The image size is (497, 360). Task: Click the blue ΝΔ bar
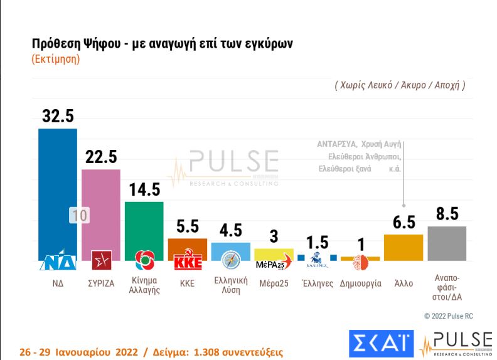(58, 188)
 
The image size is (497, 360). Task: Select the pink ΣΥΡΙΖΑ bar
(100, 201)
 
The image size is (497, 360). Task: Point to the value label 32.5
(58, 116)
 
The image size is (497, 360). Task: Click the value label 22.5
(100, 157)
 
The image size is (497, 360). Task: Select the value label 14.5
(144, 189)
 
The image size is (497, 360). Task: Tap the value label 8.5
(446, 214)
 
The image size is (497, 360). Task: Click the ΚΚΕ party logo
(187, 262)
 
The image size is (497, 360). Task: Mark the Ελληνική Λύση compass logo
(230, 260)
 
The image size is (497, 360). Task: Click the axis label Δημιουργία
(360, 283)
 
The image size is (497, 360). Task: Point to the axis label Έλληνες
(317, 283)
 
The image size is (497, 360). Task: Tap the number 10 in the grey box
(80, 215)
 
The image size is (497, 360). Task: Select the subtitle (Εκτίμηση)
(55, 60)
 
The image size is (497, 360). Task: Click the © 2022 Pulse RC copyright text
(449, 315)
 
